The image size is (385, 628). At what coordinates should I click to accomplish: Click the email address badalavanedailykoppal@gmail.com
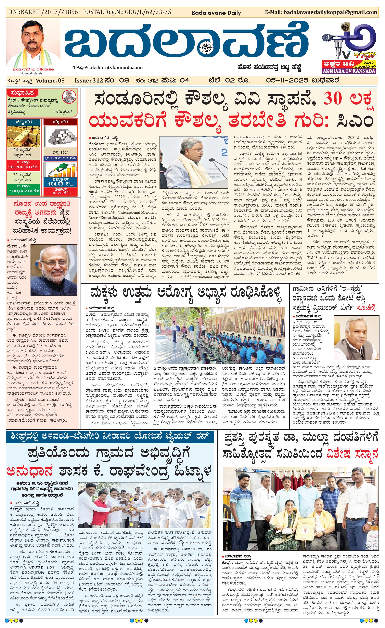[x=330, y=12]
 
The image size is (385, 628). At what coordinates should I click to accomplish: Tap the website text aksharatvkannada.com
[x=116, y=68]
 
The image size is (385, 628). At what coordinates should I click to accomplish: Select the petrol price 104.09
[x=56, y=184]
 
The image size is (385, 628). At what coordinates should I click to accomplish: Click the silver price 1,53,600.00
[x=60, y=158]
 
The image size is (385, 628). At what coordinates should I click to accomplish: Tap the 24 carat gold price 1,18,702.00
[x=23, y=167]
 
